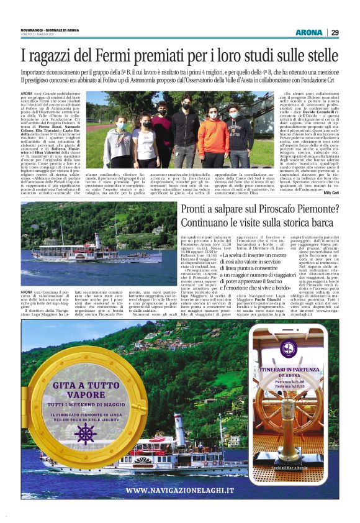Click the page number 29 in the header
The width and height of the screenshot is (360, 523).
(335, 32)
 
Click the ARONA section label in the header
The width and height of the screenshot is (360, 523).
(308, 32)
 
